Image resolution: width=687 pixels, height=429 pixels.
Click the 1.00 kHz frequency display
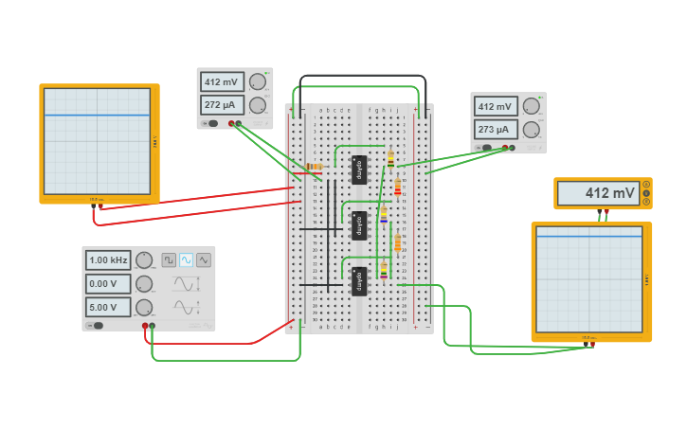[108, 259]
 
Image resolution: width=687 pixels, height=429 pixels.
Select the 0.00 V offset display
[108, 283]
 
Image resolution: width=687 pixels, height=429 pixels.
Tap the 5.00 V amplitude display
[108, 307]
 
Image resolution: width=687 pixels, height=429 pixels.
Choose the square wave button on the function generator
[169, 259]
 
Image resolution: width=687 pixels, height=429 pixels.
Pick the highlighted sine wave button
[186, 259]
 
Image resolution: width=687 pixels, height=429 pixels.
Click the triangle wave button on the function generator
[204, 259]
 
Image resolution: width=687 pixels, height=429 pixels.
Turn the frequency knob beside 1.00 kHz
[144, 259]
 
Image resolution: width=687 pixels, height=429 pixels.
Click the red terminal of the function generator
[145, 326]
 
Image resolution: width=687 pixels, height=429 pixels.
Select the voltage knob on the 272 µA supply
[257, 81]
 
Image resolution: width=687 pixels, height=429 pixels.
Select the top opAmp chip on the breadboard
[359, 170]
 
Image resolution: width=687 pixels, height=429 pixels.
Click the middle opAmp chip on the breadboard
[359, 225]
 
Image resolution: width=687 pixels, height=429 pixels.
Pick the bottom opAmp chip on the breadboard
[359, 281]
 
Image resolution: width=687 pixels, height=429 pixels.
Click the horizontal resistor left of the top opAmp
[314, 167]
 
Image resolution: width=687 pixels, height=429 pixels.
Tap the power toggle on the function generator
[96, 325]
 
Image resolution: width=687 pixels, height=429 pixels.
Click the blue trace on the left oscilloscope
[97, 116]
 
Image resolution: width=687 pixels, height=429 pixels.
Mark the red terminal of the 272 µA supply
[230, 123]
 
